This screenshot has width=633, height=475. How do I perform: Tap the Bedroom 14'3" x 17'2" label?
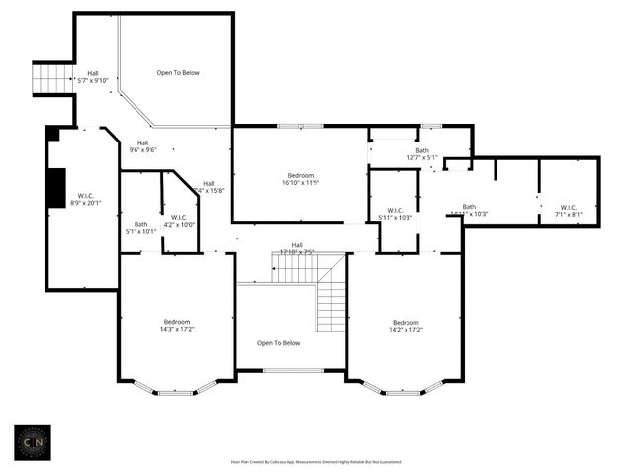(x=177, y=326)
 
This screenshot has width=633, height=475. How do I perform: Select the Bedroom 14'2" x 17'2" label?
(x=406, y=326)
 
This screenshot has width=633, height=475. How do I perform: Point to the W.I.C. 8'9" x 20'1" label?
(x=86, y=201)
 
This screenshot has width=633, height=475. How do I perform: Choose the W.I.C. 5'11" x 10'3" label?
(x=394, y=214)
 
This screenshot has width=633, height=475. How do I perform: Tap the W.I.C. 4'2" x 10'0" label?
(x=179, y=221)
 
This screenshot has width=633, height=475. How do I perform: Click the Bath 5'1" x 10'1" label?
(x=140, y=228)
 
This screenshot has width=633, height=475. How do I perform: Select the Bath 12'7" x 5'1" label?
(x=421, y=154)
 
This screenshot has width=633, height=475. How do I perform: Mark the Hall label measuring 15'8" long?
(x=209, y=187)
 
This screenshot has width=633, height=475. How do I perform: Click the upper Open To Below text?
(x=178, y=72)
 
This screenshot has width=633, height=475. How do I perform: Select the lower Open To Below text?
(x=278, y=343)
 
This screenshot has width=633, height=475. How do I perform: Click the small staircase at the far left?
(x=52, y=78)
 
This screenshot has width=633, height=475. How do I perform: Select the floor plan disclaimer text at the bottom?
(x=316, y=461)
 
